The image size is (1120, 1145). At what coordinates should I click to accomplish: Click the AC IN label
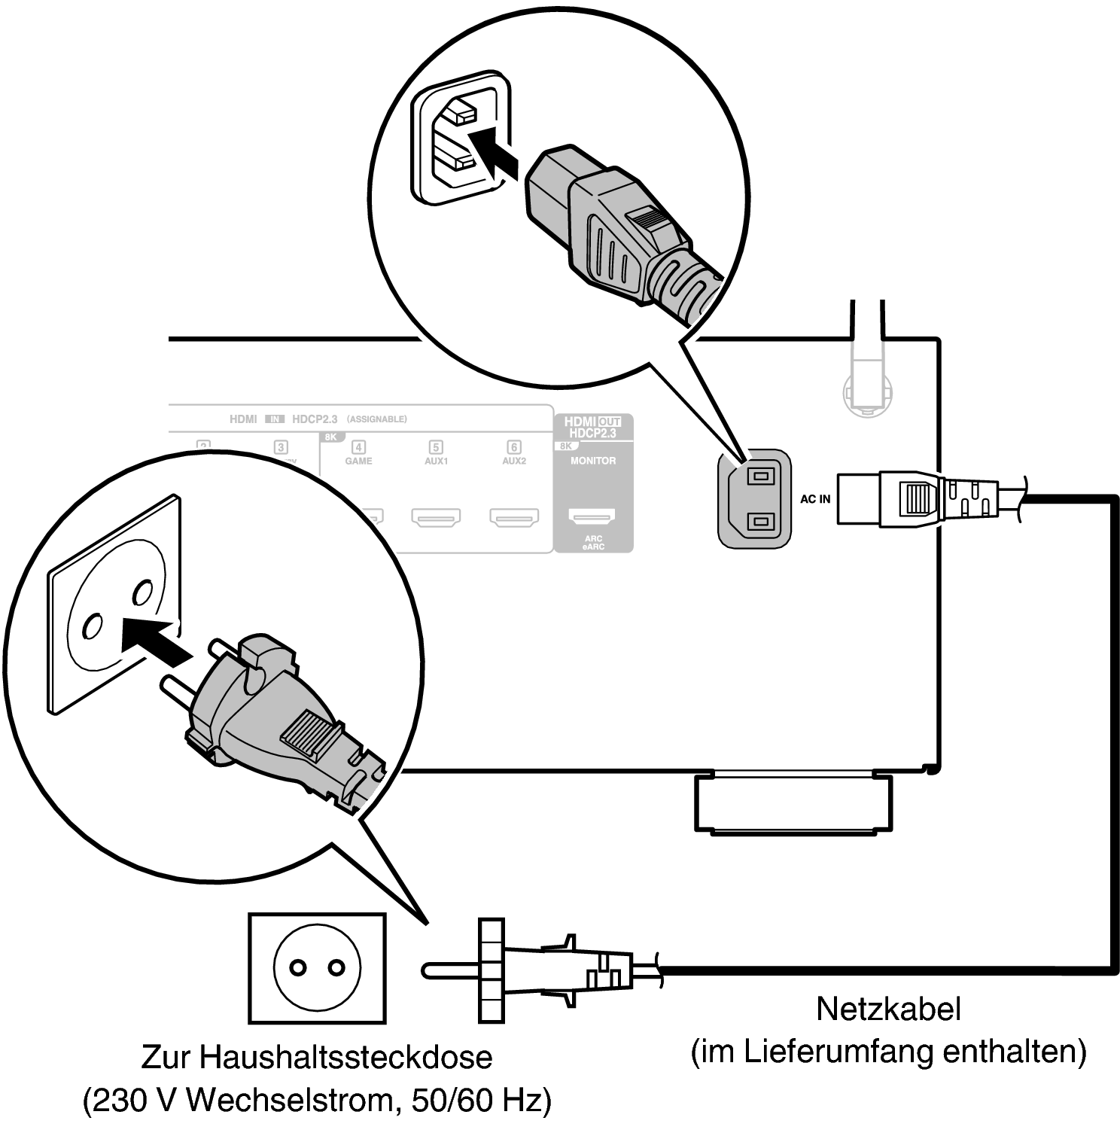coord(815,499)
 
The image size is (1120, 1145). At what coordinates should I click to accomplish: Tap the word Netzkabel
coord(888,1009)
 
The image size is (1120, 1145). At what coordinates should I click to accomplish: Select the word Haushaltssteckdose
coord(345,1057)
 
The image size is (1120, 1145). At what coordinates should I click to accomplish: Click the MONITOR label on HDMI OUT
coord(593,460)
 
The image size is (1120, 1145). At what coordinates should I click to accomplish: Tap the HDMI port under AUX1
coord(436,517)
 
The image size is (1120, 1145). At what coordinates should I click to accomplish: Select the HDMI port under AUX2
coord(514,517)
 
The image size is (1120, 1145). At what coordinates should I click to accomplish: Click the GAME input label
coord(359,460)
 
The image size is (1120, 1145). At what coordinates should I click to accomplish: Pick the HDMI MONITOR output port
coord(592,517)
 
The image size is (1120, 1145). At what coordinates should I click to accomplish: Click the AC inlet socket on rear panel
coord(755,498)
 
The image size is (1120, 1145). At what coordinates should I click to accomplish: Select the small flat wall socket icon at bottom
coord(317,968)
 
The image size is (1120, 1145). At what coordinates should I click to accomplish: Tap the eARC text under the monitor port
coord(593,547)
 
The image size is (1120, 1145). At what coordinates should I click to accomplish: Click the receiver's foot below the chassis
coord(793,803)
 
